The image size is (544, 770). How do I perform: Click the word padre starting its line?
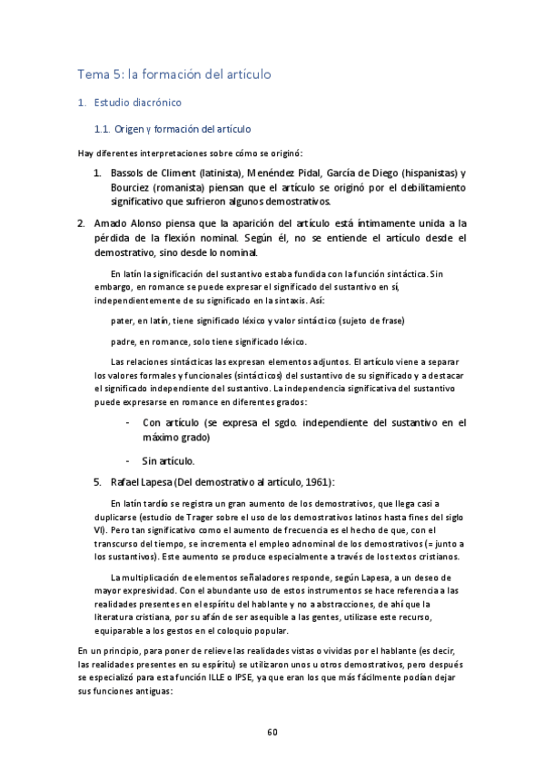point(123,341)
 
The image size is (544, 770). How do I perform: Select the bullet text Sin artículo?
point(169,460)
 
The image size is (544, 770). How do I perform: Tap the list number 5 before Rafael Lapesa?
point(96,481)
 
